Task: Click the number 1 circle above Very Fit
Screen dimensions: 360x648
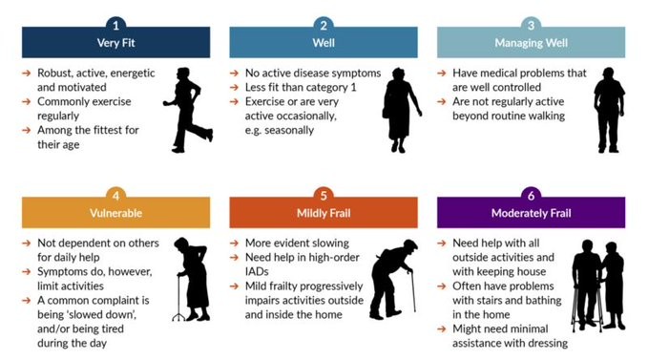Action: [x=115, y=24]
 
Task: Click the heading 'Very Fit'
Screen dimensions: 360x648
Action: [x=115, y=42]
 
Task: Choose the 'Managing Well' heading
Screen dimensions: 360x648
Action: [x=531, y=42]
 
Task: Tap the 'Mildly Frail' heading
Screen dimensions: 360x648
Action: [x=324, y=213]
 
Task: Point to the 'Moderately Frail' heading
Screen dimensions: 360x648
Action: [x=531, y=213]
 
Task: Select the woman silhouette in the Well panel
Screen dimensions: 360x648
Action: [x=401, y=110]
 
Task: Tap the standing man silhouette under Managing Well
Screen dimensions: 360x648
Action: [x=608, y=110]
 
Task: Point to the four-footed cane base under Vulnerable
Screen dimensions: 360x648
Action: [x=178, y=315]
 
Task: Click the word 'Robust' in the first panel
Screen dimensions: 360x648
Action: [x=55, y=73]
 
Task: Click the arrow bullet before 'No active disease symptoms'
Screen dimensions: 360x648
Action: [x=235, y=73]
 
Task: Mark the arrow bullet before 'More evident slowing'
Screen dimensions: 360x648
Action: [x=235, y=244]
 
